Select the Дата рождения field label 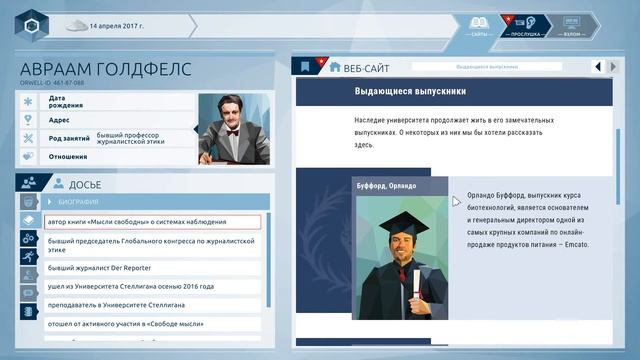64,102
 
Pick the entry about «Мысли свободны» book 151,222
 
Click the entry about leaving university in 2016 130,286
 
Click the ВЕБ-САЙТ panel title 366,67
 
